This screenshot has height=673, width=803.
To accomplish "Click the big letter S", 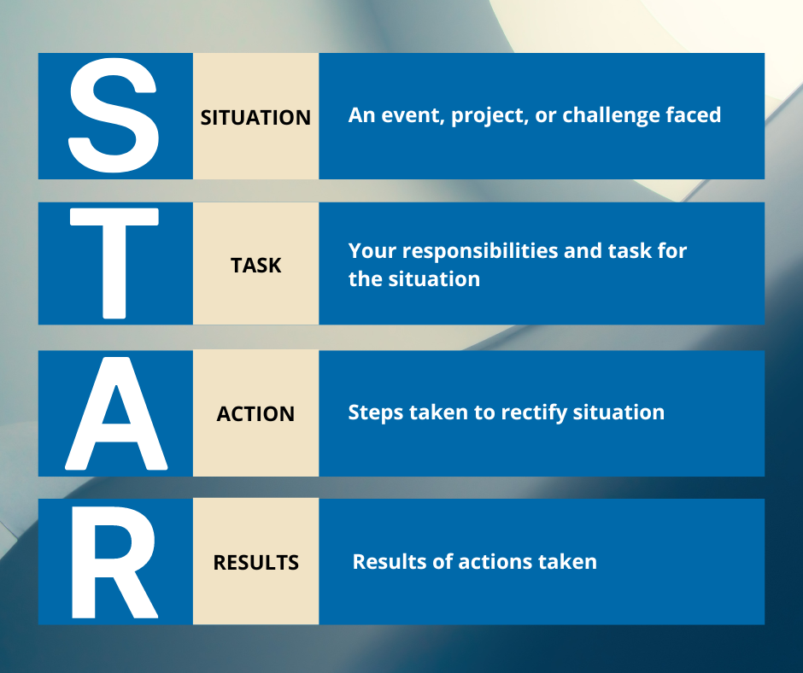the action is pos(113,116).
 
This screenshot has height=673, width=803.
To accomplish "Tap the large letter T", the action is pos(114,263).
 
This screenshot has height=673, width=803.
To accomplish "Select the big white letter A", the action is pos(116,414).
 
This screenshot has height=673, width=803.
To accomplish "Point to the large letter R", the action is pos(114,562).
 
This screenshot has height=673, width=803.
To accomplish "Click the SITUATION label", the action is pos(255,118).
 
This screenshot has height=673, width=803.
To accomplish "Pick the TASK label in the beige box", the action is pos(256,266).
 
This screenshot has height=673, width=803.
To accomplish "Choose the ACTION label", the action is pos(255,414).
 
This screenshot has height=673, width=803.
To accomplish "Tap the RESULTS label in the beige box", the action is pos(256,562).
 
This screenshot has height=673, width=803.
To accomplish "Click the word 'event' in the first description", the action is pos(413,115).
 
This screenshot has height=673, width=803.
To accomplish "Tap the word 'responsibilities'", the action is pos(480,251).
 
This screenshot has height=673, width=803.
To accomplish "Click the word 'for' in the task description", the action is pos(672,250).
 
